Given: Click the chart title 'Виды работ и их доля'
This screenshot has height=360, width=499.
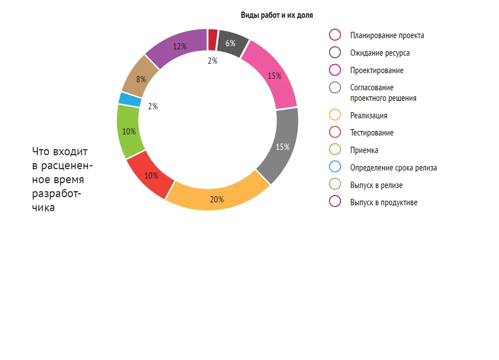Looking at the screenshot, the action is (277, 15).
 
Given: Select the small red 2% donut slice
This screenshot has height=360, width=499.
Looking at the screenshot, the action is (212, 40).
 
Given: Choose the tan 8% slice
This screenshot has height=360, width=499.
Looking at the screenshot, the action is (140, 77).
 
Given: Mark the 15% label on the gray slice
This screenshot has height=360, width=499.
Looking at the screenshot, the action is (282, 147).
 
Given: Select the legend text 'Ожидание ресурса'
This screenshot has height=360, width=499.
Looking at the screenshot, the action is (380, 53).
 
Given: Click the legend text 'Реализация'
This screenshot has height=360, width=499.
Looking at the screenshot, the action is (369, 116).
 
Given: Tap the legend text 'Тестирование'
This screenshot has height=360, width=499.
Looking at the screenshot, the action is (372, 133).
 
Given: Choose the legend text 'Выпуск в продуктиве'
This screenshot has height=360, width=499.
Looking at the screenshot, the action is (384, 202).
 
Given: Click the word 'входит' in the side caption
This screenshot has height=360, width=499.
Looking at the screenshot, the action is (70, 152).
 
